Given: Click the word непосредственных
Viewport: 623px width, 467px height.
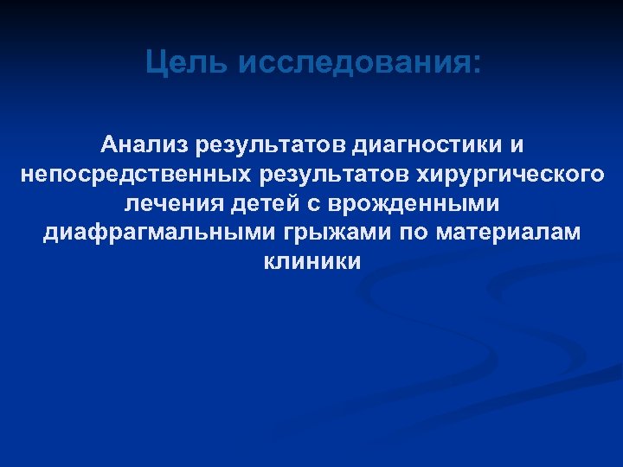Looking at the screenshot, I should (x=132, y=174).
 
